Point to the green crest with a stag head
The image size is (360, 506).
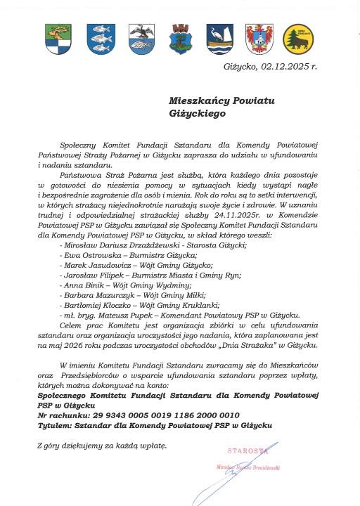point(58,39)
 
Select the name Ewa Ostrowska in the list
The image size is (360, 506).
point(94,255)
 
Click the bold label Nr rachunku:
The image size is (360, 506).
point(65,415)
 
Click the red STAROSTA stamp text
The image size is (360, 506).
point(247,450)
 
